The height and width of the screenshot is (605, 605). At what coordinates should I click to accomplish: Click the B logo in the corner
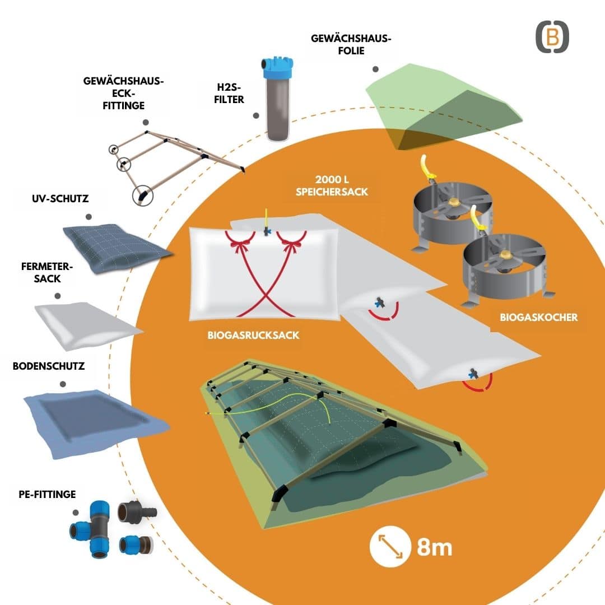pyautogui.click(x=552, y=37)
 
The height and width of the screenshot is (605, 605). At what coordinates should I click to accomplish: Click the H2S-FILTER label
pyautogui.click(x=229, y=94)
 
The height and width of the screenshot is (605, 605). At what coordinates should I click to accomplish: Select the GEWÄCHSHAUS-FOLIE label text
pyautogui.click(x=351, y=44)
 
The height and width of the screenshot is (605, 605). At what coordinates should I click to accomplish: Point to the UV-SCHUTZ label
pyautogui.click(x=60, y=199)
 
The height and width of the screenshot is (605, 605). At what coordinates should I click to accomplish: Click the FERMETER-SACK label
pyautogui.click(x=47, y=272)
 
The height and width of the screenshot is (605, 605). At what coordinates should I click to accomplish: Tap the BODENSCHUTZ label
pyautogui.click(x=49, y=366)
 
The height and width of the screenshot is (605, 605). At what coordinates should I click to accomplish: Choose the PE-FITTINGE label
pyautogui.click(x=47, y=494)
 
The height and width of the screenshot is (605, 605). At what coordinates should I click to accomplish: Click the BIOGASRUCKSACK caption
pyautogui.click(x=254, y=335)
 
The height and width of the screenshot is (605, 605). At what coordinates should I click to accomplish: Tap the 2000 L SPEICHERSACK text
pyautogui.click(x=332, y=185)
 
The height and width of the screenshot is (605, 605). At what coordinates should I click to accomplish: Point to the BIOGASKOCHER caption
pyautogui.click(x=539, y=317)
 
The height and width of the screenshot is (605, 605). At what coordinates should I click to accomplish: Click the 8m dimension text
pyautogui.click(x=434, y=547)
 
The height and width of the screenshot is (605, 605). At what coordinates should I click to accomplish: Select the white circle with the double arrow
pyautogui.click(x=390, y=547)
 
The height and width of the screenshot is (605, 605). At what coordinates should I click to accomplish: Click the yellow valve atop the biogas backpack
pyautogui.click(x=266, y=223)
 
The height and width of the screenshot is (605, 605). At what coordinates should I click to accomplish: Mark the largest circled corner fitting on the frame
pyautogui.click(x=143, y=196)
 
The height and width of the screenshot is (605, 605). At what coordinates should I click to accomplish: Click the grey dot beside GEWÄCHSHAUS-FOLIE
pyautogui.click(x=375, y=69)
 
